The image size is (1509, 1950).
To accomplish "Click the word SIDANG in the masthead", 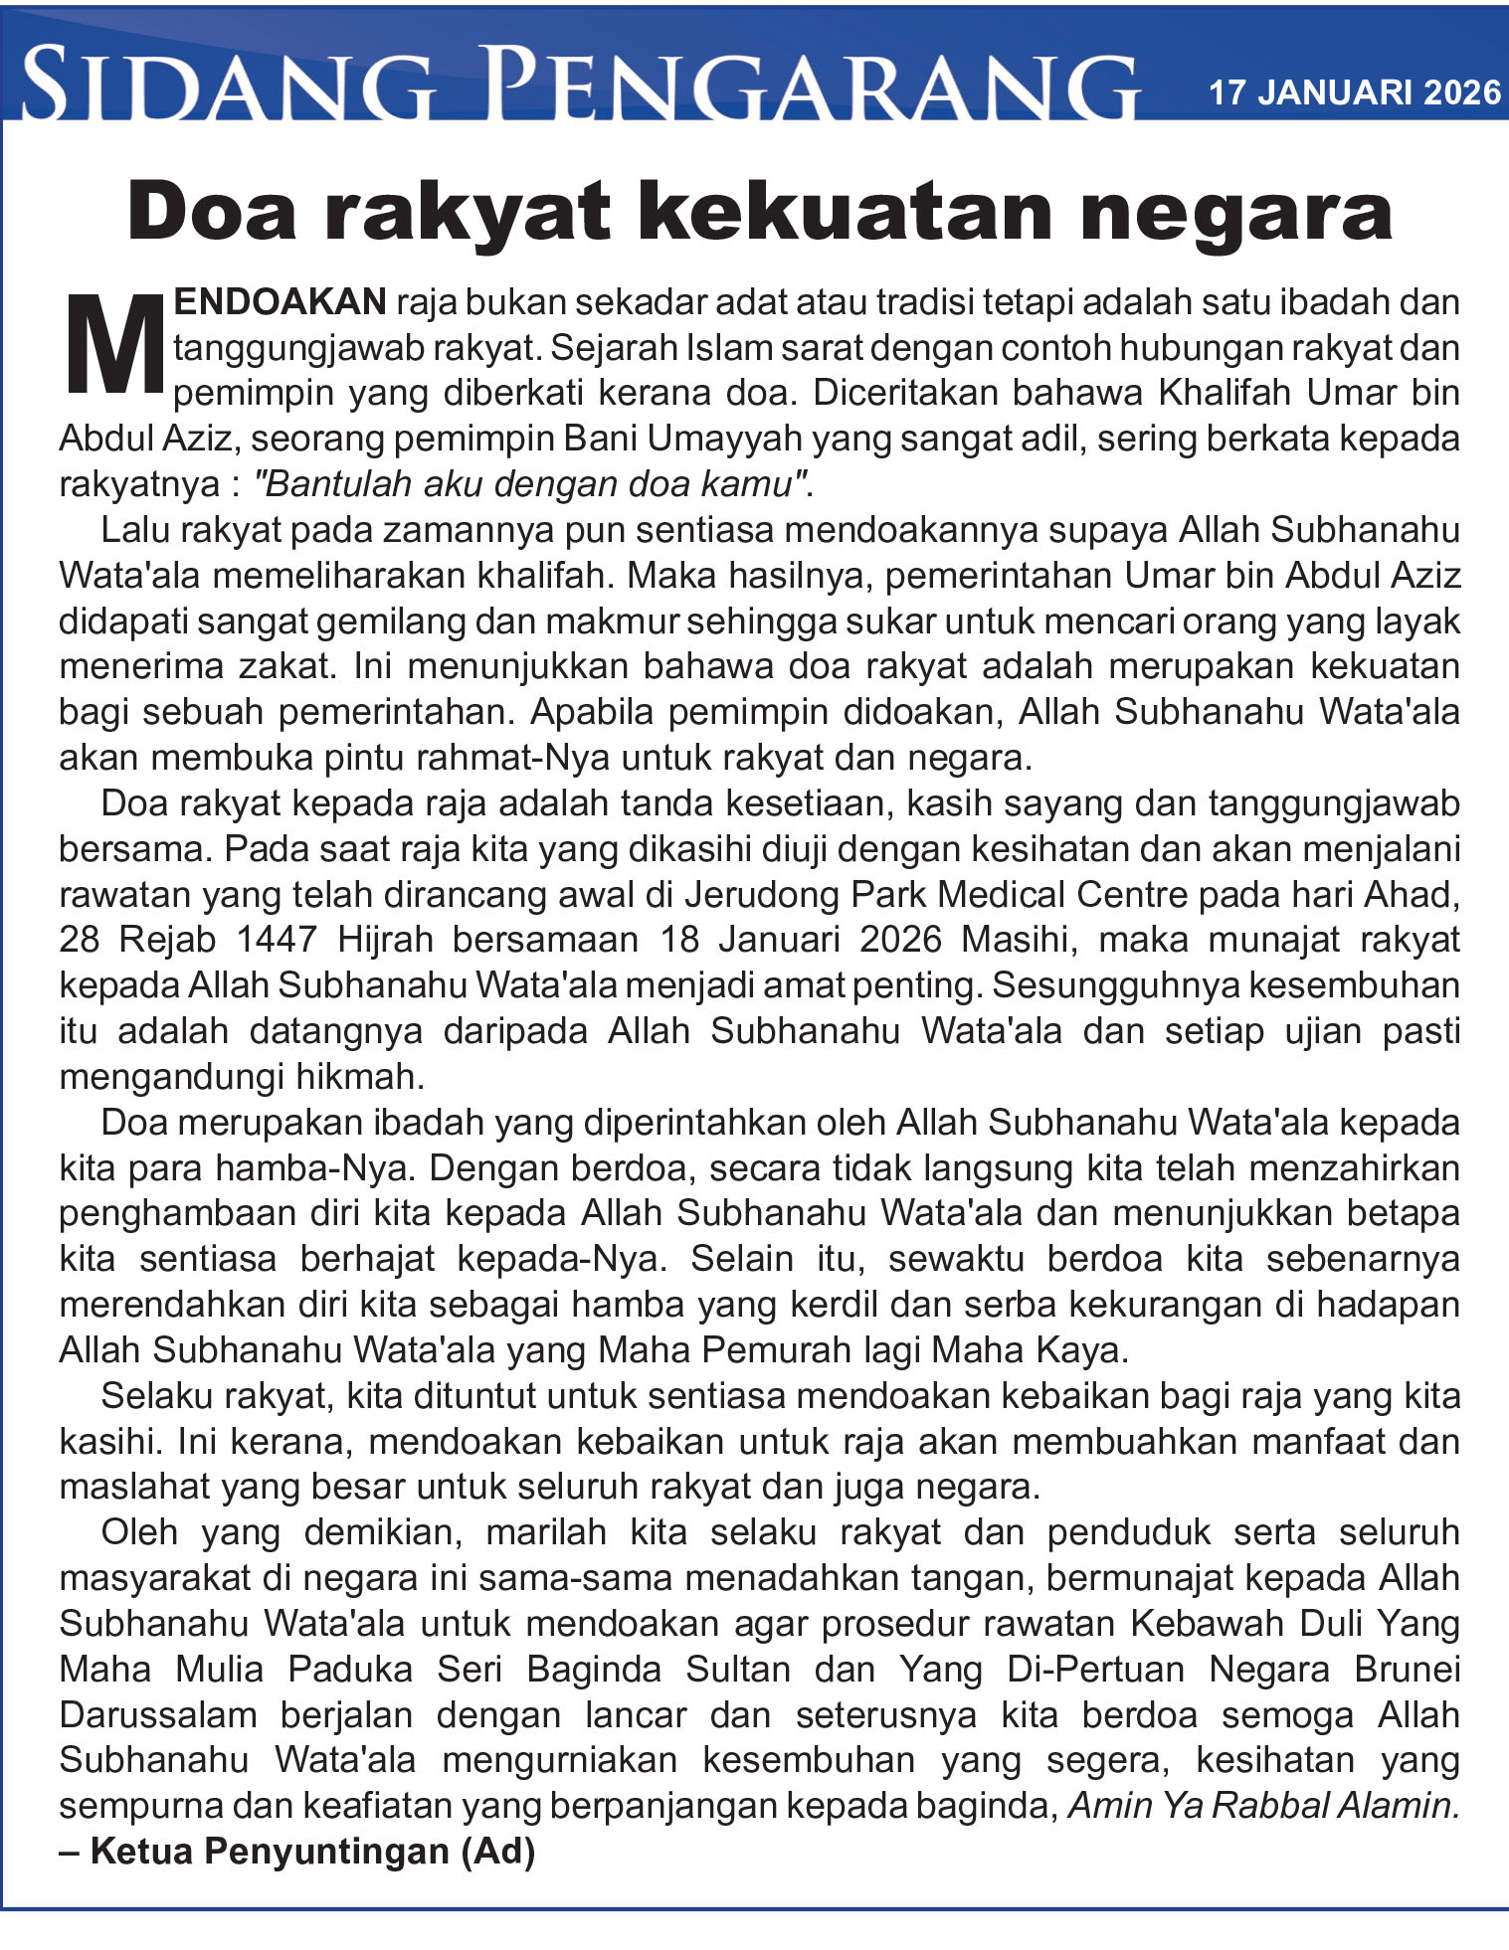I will click(227, 85).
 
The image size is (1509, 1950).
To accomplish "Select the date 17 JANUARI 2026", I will click(1354, 92).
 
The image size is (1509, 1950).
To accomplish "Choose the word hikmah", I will click(359, 1077).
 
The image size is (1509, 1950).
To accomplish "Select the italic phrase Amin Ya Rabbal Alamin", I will click(1263, 1806).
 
